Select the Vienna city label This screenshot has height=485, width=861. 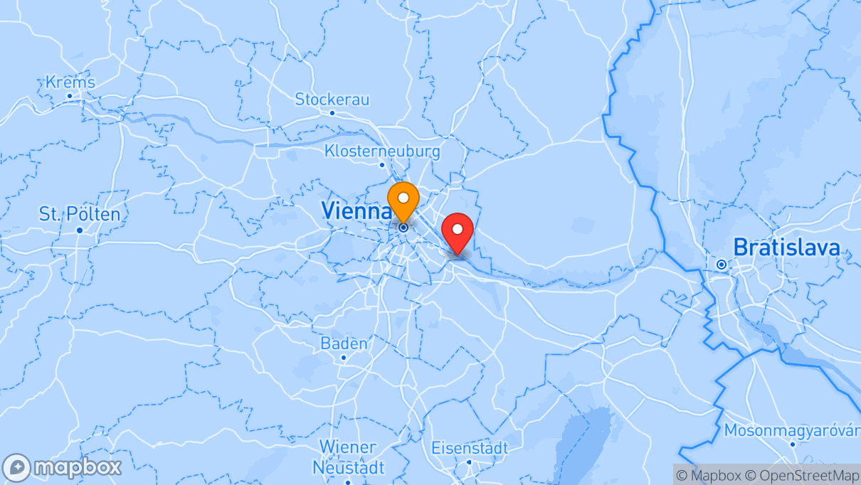356,210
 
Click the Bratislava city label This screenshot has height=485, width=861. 786,247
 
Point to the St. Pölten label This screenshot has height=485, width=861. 80,213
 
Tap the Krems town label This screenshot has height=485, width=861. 70,82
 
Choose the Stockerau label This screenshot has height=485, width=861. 332,100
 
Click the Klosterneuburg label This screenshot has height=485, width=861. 382,151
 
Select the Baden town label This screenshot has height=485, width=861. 344,344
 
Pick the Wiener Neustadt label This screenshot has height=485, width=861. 348,457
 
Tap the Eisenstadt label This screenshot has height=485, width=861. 470,448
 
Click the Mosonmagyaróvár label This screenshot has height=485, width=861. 792,431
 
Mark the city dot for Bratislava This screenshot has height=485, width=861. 722,265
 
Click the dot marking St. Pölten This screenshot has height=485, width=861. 80,230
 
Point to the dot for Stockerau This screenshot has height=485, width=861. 332,112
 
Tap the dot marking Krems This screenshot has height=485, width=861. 70,96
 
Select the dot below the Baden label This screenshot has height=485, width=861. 344,357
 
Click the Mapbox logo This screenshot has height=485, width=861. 62,467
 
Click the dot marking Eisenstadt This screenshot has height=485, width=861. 470,462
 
